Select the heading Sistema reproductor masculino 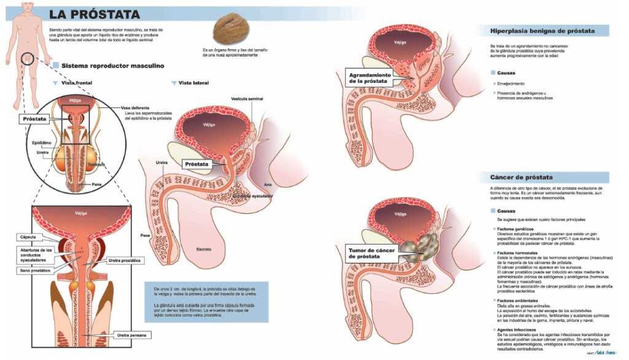click(111, 65)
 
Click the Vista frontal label click(79, 82)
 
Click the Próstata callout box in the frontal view click(35, 119)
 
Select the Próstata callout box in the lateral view click(197, 165)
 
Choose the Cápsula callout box click(30, 237)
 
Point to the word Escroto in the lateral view click(203, 249)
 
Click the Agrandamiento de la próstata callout click(369, 78)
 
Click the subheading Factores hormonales click(517, 252)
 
